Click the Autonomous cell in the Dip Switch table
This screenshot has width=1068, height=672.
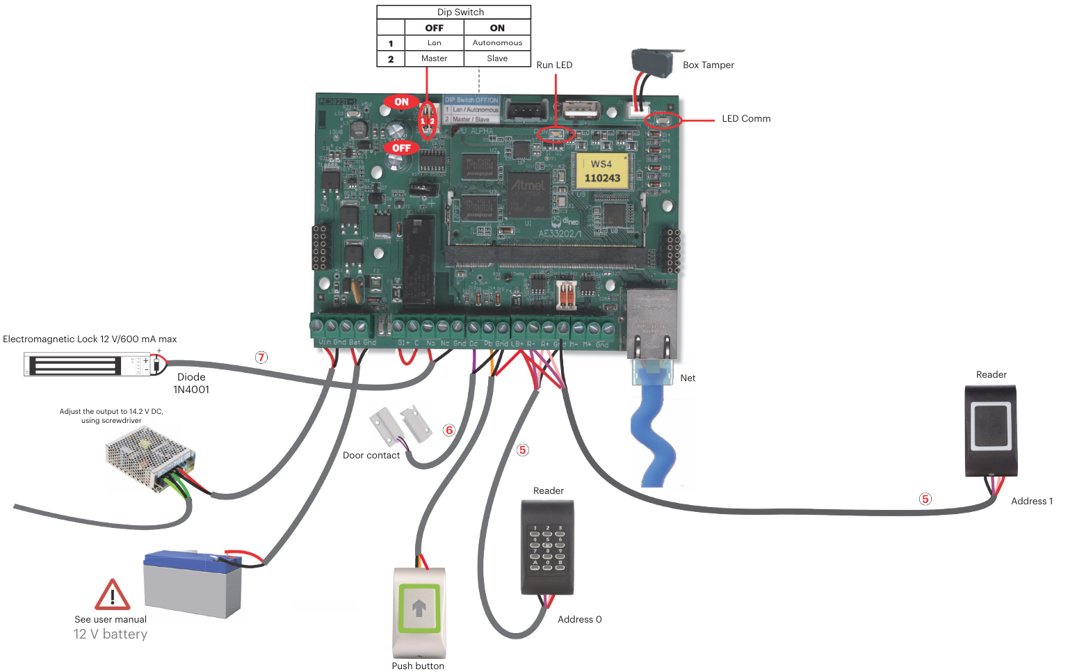[497, 42]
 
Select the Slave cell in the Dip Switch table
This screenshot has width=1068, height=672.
[497, 58]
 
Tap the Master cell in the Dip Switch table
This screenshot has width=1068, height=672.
[434, 58]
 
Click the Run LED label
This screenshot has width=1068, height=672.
[554, 65]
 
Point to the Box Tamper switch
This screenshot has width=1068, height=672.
[652, 63]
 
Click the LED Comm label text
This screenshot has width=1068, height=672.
[745, 118]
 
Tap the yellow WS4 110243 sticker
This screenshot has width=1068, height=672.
[601, 171]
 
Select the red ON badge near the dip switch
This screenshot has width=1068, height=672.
[401, 102]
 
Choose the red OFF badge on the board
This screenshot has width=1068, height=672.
[401, 147]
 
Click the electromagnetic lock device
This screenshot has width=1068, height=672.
[87, 364]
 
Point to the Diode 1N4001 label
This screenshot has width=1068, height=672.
[191, 383]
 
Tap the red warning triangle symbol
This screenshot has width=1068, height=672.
[112, 595]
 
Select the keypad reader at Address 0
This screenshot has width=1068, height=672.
[547, 547]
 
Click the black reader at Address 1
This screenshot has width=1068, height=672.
[991, 429]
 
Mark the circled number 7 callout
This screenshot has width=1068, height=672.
[261, 358]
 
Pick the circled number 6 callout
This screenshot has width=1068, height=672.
[449, 430]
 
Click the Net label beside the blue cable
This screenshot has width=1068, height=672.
[688, 378]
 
